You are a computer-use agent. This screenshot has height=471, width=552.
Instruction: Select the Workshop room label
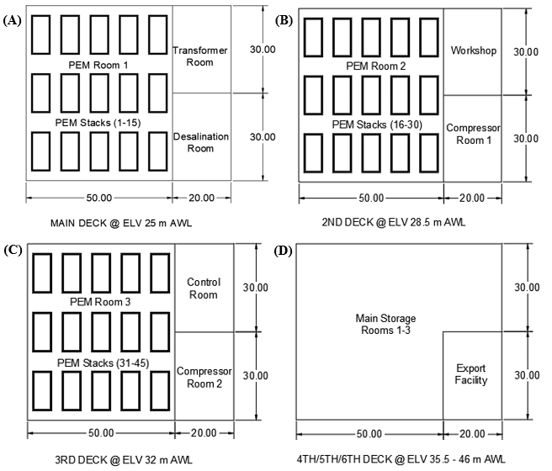click(x=473, y=50)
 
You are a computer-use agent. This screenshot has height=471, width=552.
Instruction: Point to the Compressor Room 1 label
click(x=473, y=134)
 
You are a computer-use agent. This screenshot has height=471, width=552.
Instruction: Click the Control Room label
click(x=203, y=288)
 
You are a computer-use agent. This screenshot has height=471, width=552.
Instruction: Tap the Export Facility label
click(x=471, y=374)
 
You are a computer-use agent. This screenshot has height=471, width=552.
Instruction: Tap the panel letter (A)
click(x=12, y=20)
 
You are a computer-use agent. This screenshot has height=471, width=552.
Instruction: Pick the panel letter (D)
click(x=284, y=251)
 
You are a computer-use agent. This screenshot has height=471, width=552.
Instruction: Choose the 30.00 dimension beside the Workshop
click(x=526, y=51)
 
